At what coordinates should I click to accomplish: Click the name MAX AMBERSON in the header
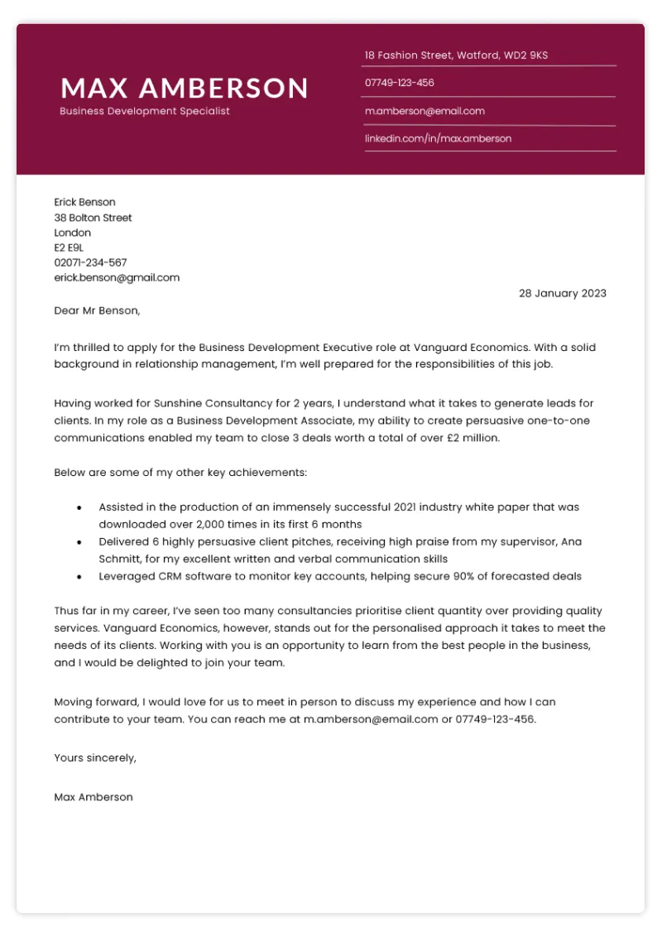coord(184,88)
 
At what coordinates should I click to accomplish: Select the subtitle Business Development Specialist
coord(145,111)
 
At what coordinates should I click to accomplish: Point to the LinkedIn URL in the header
coord(438,138)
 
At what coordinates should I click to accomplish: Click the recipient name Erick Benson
coord(84,202)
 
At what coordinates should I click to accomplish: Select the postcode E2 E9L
coord(69,247)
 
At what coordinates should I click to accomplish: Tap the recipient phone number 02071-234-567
coord(90,262)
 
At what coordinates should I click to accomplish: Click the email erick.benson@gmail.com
coord(117,277)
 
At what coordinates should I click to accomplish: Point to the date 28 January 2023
coord(562,293)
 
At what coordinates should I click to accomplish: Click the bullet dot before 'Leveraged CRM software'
coord(79,576)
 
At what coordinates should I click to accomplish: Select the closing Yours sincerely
coord(94,757)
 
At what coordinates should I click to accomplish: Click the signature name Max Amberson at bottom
coord(93,797)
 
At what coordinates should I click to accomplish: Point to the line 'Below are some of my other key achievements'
coord(180,472)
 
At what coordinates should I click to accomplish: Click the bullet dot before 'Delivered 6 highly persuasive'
coord(79,541)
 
